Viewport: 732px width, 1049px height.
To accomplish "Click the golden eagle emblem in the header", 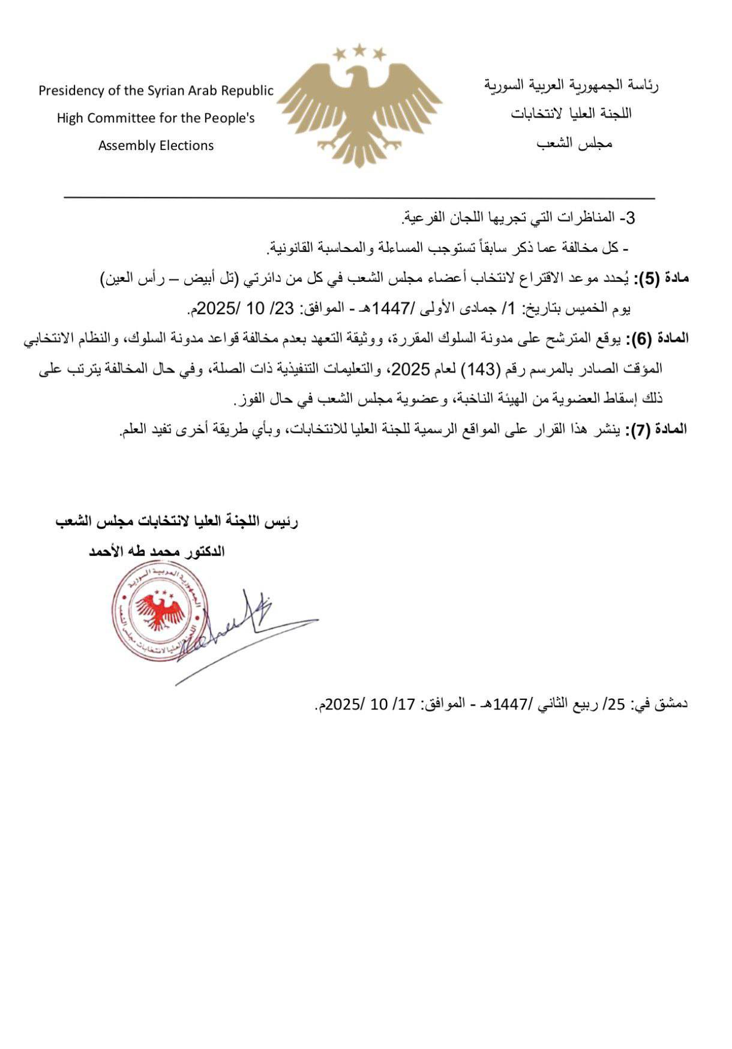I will (x=359, y=111).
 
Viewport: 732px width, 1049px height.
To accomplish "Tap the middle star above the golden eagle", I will (x=359, y=50).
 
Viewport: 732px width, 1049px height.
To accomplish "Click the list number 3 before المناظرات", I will (x=630, y=218).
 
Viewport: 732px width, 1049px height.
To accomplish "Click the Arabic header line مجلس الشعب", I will (x=574, y=144).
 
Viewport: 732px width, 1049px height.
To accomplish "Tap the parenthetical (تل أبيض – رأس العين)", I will (x=168, y=278).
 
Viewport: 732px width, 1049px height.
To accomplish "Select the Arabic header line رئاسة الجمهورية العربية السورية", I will (x=571, y=86).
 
